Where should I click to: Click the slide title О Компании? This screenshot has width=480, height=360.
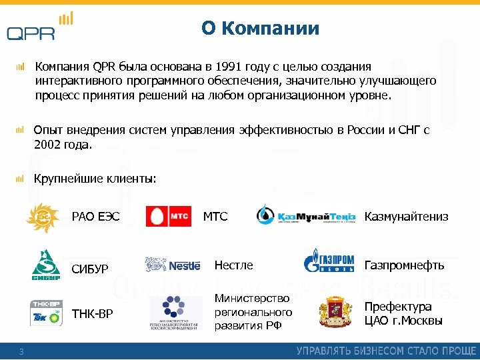260,29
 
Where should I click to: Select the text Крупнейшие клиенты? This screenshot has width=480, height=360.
95,179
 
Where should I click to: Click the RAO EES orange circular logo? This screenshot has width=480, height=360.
42,217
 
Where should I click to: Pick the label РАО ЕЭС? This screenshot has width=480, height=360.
95,217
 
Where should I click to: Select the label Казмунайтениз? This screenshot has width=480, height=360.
406,217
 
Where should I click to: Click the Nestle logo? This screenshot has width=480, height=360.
173,265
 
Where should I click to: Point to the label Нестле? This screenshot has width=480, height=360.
233,265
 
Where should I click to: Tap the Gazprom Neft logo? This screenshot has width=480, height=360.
328,261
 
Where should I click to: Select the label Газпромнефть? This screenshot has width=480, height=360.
404,265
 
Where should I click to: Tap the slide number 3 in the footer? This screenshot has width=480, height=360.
21,352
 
